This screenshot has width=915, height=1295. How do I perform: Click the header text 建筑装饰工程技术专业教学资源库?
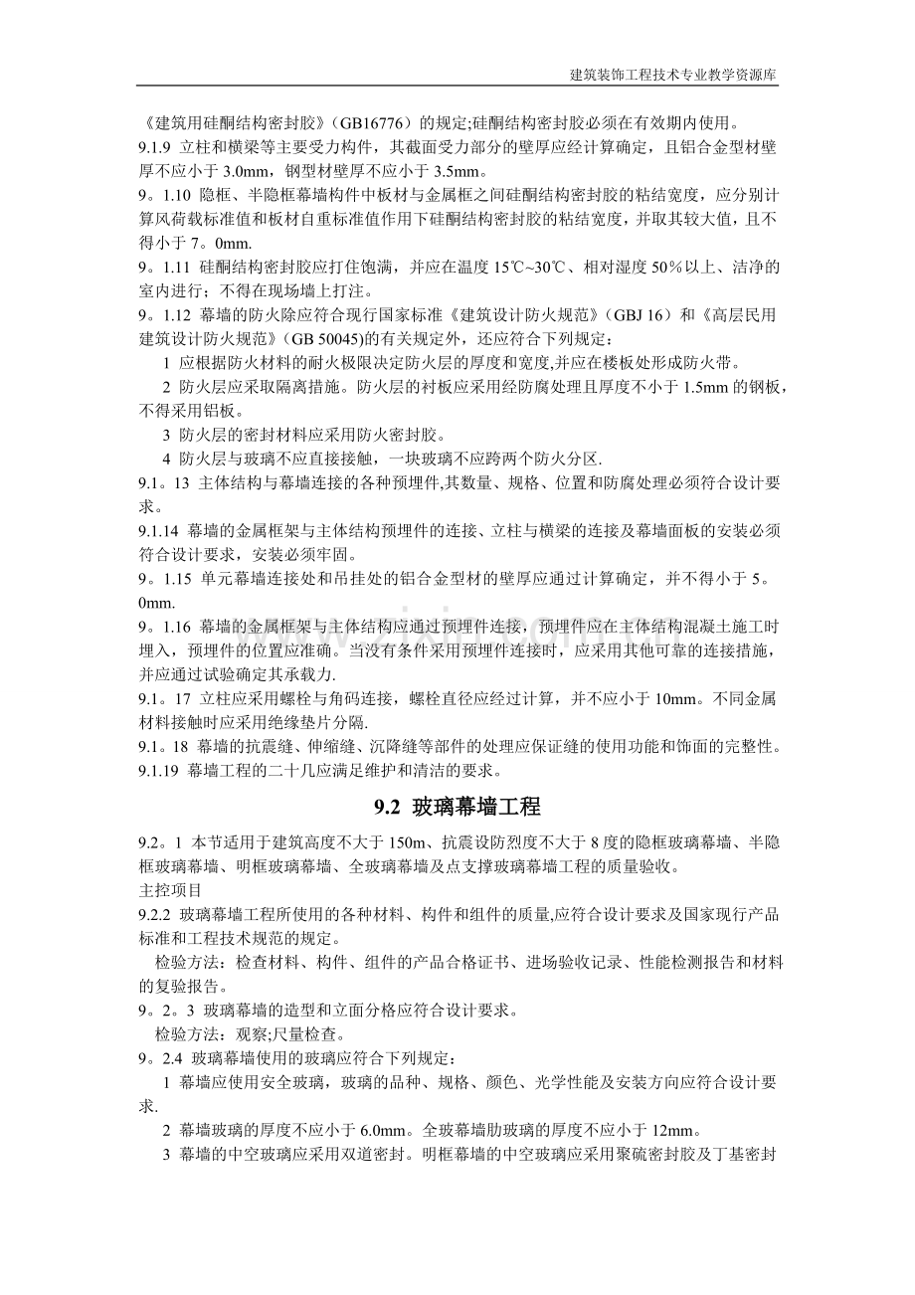[673, 75]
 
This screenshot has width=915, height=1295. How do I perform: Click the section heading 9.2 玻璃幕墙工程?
[457, 807]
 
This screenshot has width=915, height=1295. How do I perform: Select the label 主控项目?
[170, 890]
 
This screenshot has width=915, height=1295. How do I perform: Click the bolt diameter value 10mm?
[679, 699]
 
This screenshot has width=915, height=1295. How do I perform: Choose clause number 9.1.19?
[158, 769]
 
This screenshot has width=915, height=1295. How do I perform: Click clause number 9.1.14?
[159, 530]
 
